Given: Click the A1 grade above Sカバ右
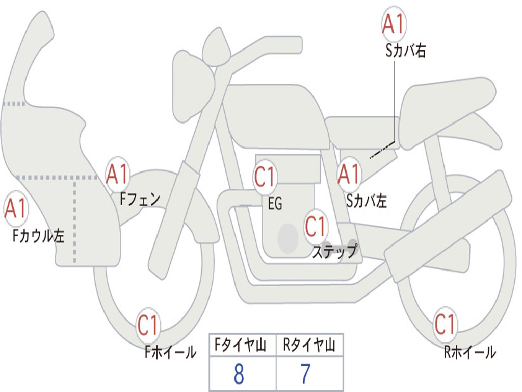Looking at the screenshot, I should [394, 24].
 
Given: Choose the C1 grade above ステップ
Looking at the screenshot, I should [316, 226].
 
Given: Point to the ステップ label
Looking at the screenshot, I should [334, 252].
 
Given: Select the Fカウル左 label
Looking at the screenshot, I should [39, 235].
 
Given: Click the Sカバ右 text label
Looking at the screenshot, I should [406, 51].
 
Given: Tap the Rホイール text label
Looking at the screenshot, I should [469, 352].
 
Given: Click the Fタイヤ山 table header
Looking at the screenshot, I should [243, 346].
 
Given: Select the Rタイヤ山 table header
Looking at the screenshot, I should [309, 346].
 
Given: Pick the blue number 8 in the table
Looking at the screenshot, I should [239, 375].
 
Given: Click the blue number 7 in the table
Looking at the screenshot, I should [305, 375].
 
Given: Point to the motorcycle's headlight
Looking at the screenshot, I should [191, 84].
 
